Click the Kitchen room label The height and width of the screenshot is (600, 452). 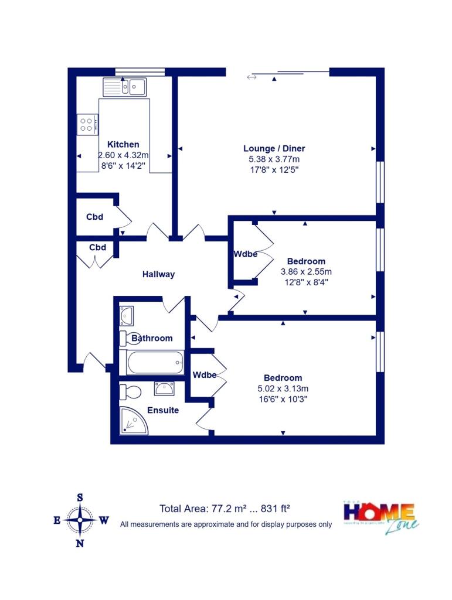pyautogui.click(x=123, y=144)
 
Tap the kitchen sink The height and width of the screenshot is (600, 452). pyautogui.click(x=124, y=87)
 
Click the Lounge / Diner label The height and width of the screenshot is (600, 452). pyautogui.click(x=274, y=148)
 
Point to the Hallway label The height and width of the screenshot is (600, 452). pyautogui.click(x=158, y=274)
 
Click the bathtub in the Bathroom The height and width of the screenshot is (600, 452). pyautogui.click(x=152, y=362)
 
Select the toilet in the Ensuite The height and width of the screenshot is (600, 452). pyautogui.click(x=130, y=391)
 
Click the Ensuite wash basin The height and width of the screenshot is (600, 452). pyautogui.click(x=164, y=388)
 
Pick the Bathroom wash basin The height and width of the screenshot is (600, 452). pyautogui.click(x=126, y=316)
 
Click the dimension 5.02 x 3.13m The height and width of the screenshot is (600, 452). pyautogui.click(x=283, y=388)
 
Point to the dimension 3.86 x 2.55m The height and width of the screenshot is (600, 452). pyautogui.click(x=306, y=272)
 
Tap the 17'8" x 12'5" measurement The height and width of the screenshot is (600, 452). pyautogui.click(x=274, y=170)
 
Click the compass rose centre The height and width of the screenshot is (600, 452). pyautogui.click(x=80, y=520)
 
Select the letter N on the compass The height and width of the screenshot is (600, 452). pyautogui.click(x=80, y=543)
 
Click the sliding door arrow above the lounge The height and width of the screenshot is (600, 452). pyautogui.click(x=252, y=77)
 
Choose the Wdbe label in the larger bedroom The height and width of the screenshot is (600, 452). pyautogui.click(x=204, y=375)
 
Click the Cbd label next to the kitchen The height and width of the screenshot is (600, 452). pyautogui.click(x=94, y=217)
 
